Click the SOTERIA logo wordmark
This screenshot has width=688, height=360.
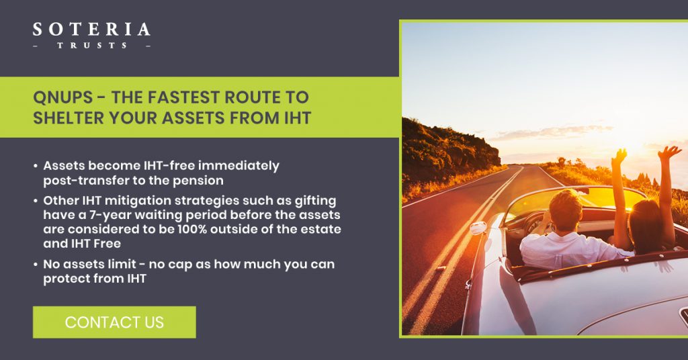coord(91,30)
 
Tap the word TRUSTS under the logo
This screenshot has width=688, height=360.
coord(92,45)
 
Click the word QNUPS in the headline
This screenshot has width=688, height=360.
coord(62,97)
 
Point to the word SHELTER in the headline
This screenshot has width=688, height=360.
coord(69,118)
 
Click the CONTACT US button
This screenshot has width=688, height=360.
coord(114,322)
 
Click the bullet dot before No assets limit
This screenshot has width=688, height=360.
coord(36,265)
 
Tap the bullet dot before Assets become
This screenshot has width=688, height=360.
coord(36,166)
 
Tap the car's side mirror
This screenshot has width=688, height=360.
coord(478,228)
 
